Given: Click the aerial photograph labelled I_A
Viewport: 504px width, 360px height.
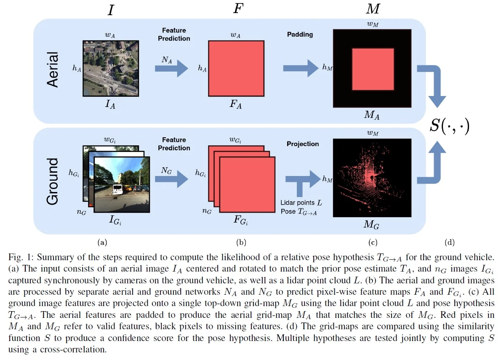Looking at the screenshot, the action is [111, 69].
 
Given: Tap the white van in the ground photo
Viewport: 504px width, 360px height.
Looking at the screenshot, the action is [117, 189].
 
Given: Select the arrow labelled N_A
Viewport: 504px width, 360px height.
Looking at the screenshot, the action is [171, 69].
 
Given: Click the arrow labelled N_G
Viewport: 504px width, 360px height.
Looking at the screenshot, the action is [171, 179].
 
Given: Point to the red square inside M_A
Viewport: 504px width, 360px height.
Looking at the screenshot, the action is [373, 69].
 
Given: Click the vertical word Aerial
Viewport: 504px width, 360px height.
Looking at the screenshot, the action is [53, 69].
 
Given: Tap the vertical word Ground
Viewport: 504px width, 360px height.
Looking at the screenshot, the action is [53, 181].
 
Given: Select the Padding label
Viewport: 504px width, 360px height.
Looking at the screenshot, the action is [300, 35].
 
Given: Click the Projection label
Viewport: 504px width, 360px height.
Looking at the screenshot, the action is [303, 144].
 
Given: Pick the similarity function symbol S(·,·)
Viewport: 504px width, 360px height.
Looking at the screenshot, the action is [449, 125].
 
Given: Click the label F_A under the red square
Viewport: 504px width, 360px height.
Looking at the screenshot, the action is [236, 104].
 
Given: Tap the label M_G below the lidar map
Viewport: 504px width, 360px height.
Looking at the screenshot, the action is [371, 224].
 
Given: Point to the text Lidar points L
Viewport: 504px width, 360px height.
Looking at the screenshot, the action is [301, 203].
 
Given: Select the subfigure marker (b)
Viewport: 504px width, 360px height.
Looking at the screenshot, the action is [241, 242].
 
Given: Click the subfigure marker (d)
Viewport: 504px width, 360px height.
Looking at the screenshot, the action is [449, 242].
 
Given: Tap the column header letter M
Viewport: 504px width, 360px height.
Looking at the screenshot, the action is [373, 9].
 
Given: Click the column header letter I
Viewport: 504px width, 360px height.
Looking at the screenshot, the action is [111, 10].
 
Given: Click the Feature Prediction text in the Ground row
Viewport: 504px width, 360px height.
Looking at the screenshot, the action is [174, 144].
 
